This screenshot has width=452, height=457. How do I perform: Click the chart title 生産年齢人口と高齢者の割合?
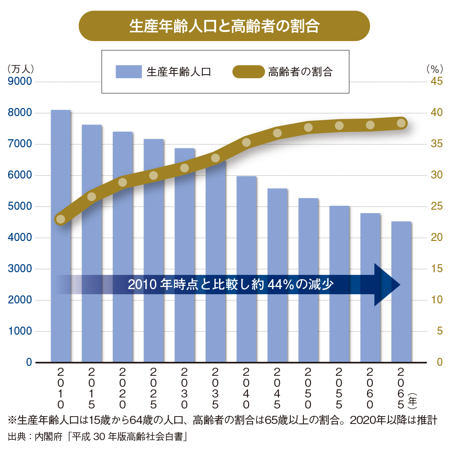coord(224,26)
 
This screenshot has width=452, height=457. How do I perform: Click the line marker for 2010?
coord(61,219)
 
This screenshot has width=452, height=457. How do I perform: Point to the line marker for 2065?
coord(401,123)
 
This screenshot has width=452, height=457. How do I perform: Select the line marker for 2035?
coord(215,158)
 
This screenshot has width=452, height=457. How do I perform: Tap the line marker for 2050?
coord(308,127)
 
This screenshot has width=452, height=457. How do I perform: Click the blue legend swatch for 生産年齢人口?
coord(128,72)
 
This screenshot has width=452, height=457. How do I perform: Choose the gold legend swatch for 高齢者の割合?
coord(248,72)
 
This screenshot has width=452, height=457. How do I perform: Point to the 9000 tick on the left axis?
coord(20,81)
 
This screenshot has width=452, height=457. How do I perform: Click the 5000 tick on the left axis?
coord(20,206)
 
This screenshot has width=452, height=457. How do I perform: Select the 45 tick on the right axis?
coord(437,81)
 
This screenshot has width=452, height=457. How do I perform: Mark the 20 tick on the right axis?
coord(437,237)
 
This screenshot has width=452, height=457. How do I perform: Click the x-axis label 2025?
coord(153,388)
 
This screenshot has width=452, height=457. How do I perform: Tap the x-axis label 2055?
coord(339,388)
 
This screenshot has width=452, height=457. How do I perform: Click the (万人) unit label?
coord(21,69)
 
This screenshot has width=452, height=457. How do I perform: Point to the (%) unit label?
coord(434,69)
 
